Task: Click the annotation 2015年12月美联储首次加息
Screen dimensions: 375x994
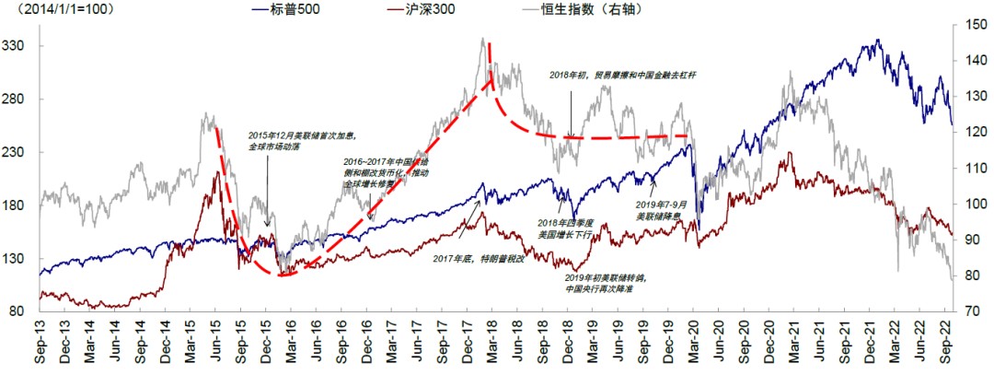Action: point(302,140)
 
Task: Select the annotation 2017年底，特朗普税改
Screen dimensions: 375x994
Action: point(479,258)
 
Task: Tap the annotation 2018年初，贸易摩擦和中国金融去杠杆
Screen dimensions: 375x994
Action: point(622,75)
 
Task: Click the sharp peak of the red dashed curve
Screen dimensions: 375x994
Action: point(490,43)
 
